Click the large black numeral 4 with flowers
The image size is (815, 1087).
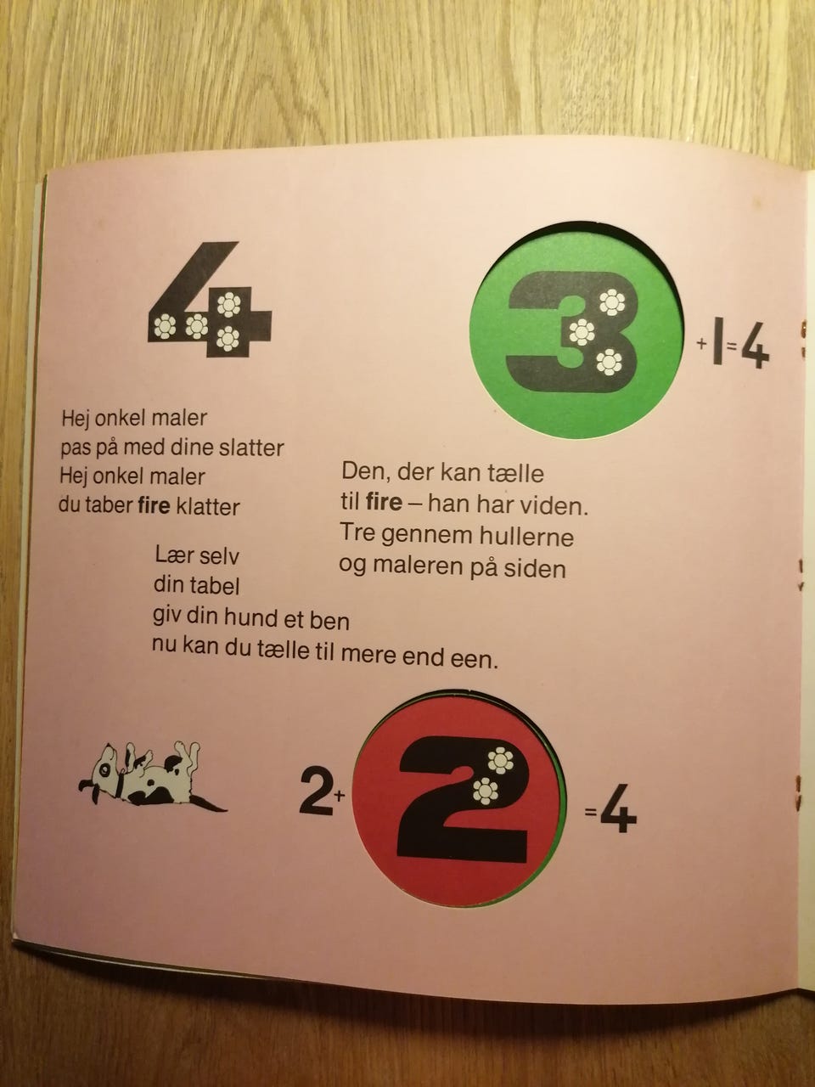pos(211,300)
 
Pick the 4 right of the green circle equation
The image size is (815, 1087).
pos(756,349)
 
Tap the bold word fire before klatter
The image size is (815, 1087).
pos(154,505)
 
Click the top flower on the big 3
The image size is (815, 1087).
pos(612,302)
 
